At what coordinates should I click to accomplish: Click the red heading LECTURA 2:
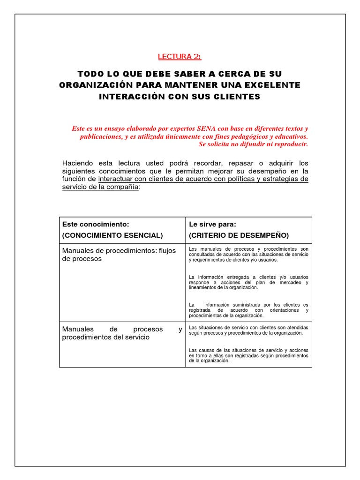coord(180,57)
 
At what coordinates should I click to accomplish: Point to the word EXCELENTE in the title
coord(274,85)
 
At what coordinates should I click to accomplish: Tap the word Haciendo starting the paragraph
coord(78,163)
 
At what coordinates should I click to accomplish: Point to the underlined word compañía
coord(123,187)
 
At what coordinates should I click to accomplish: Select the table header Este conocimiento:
coord(96,225)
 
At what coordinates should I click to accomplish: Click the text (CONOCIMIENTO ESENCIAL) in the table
coord(112,235)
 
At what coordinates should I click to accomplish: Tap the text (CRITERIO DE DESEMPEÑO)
coord(239,235)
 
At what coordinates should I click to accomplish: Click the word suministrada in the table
coord(242,305)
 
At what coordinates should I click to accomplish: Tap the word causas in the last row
coord(205,350)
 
